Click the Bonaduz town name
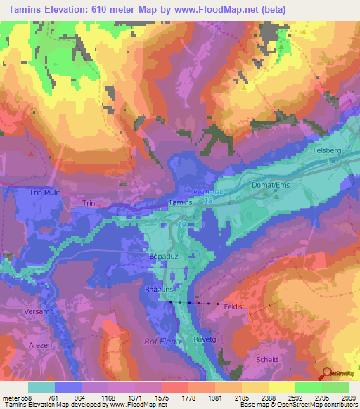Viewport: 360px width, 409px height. [x=161, y=257]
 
